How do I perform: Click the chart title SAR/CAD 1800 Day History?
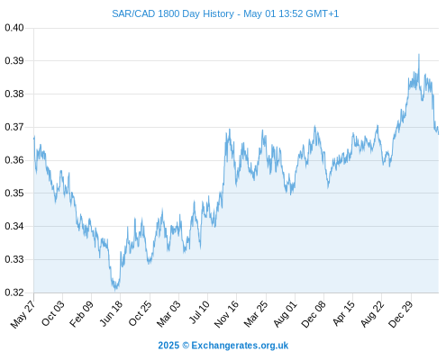(x=173, y=13)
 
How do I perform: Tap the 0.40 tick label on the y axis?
(x=14, y=28)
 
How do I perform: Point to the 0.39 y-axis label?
(x=14, y=61)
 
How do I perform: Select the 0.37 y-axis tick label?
(x=14, y=127)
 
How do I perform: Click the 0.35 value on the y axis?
(x=14, y=193)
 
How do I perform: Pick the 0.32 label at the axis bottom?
(x=14, y=292)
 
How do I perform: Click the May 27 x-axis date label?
(x=23, y=314)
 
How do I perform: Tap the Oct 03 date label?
(x=53, y=313)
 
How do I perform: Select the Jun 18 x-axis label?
(x=111, y=313)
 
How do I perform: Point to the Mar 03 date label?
(x=168, y=314)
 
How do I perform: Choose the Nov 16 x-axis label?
(x=226, y=314)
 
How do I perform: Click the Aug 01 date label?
(x=285, y=314)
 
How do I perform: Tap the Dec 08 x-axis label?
(x=314, y=314)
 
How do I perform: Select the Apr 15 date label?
(x=343, y=313)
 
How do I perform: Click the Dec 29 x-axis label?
(x=401, y=314)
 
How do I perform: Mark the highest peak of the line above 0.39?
(x=419, y=54)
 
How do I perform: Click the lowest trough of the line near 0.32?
(x=115, y=291)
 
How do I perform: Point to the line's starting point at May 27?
(x=34, y=138)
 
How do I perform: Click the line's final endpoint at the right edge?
(x=439, y=134)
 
